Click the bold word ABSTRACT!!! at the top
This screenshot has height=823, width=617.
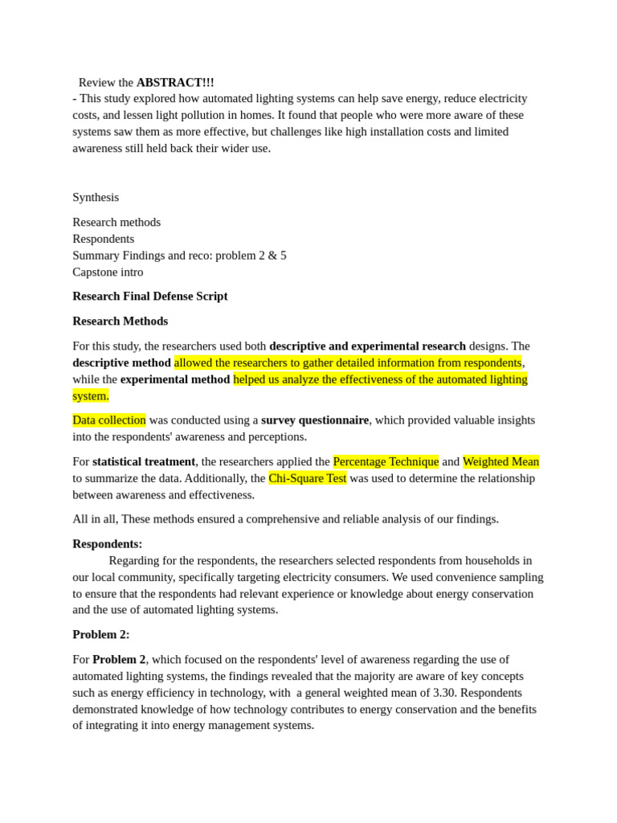pos(175,82)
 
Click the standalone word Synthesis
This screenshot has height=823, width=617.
pos(96,197)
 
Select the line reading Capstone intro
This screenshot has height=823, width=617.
pos(108,272)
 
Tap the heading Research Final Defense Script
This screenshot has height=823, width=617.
pos(150,296)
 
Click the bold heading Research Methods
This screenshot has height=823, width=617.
pos(121,321)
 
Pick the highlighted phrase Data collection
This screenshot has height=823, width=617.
pos(109,420)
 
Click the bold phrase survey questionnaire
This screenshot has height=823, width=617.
pos(315,420)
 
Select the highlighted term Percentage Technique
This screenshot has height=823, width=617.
pos(386,461)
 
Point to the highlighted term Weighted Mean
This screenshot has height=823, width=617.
pos(501,461)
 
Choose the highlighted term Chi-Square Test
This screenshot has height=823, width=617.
pos(308,478)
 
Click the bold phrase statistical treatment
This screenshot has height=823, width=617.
pos(144,461)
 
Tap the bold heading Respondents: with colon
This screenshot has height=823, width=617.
pos(108,543)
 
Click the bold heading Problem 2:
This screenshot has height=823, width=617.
pos(101,634)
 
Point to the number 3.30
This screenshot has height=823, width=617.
pos(445,692)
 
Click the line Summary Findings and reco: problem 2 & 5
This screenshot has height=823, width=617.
pos(179,255)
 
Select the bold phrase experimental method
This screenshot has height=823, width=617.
pos(175,379)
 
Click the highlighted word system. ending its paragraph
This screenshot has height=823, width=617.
pos(91,395)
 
